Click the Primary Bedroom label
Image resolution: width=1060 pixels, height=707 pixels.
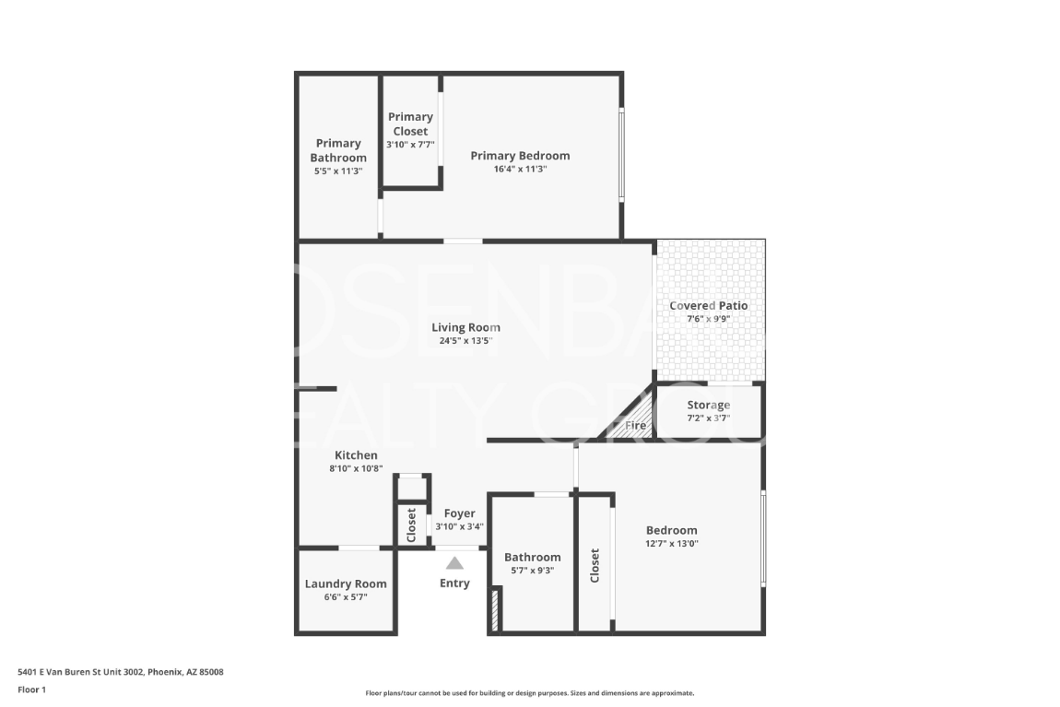coord(520,156)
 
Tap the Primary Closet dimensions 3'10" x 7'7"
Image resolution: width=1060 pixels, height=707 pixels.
coord(410,145)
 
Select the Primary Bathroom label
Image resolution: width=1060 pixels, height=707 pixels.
coord(338,150)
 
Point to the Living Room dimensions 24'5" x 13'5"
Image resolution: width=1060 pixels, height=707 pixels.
coord(465,341)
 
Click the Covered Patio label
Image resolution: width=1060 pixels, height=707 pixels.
coord(709,305)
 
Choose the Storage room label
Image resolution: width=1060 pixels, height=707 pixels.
coord(709,405)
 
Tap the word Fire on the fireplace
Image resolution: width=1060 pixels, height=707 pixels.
coord(635,425)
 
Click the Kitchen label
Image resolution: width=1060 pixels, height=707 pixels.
coord(357,454)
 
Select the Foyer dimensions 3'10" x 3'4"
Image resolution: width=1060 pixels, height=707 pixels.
coord(459,527)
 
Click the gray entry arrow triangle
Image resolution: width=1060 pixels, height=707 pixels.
coord(455,563)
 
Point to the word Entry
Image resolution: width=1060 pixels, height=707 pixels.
coord(454,583)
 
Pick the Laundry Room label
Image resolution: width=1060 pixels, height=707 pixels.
coord(346,584)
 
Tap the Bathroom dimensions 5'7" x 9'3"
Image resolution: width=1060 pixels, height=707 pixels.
coord(533,571)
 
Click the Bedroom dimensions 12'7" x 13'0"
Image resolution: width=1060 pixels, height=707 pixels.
coord(671,544)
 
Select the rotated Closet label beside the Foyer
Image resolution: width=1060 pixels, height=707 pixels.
coord(411,525)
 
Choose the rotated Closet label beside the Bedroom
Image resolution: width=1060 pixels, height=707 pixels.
coord(595,566)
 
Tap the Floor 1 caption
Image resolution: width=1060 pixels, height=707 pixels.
coord(31,689)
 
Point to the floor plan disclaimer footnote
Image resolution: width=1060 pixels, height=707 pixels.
coord(530,693)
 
